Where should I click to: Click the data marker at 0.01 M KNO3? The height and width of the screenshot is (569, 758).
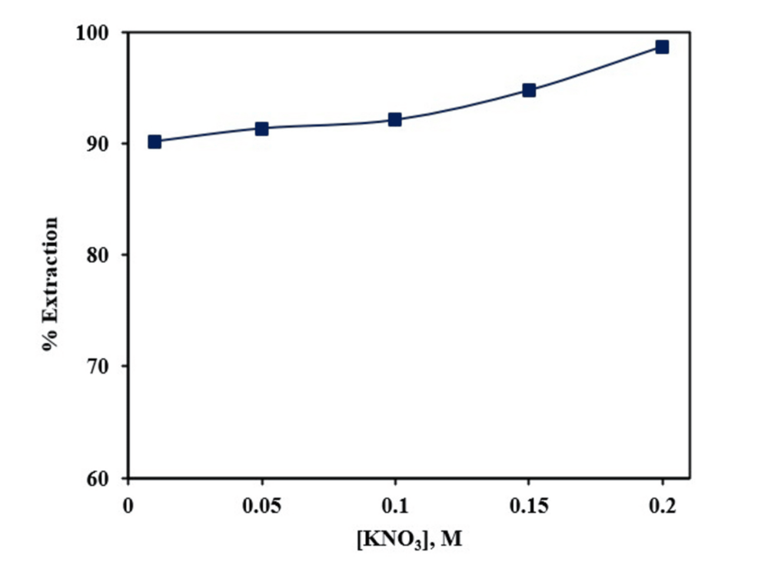tap(155, 141)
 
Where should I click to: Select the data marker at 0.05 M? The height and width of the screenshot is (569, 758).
tap(261, 128)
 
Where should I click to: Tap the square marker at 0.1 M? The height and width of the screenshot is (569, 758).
tap(394, 119)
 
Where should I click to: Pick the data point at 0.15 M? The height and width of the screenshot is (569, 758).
tap(528, 90)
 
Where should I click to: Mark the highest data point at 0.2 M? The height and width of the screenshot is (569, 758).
tap(661, 47)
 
